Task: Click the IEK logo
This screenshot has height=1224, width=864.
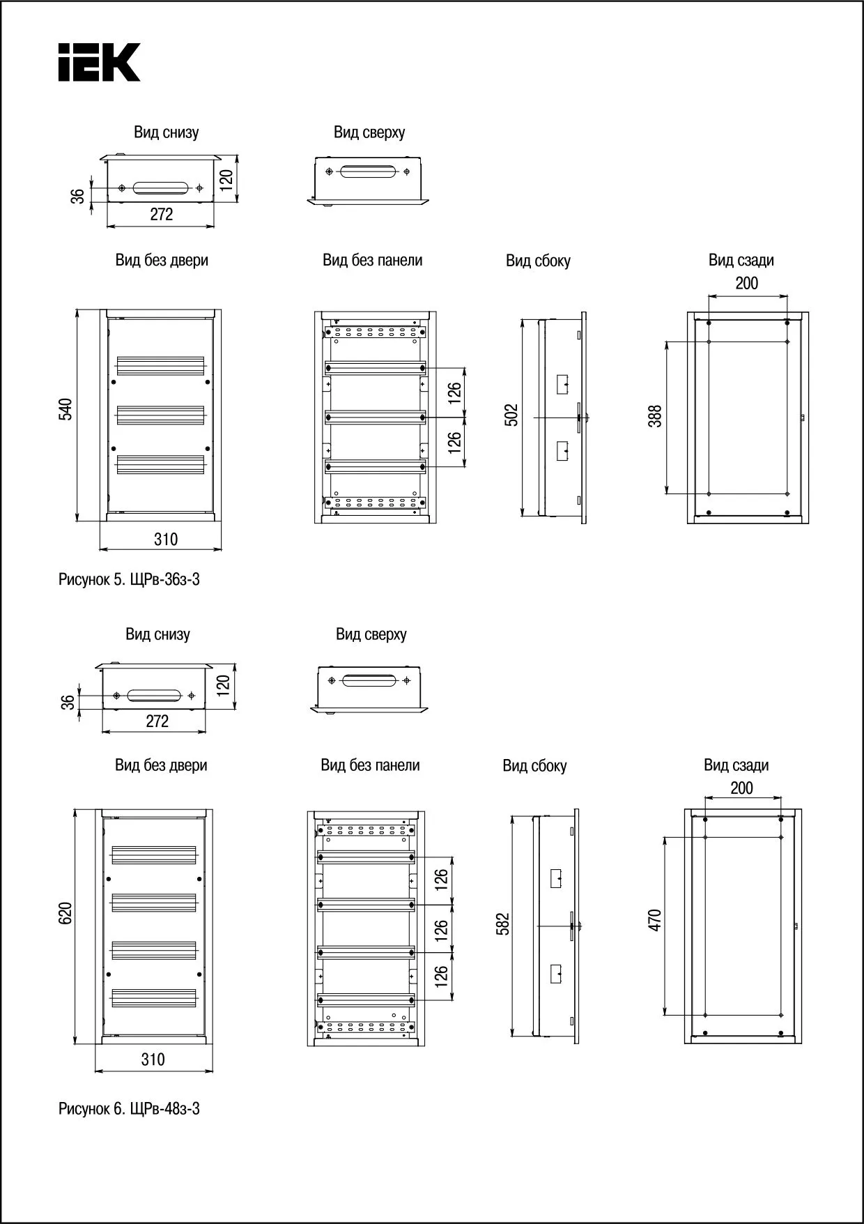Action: coord(100,62)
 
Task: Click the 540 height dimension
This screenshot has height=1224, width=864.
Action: coord(65,408)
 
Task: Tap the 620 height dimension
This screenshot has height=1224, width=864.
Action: coord(65,913)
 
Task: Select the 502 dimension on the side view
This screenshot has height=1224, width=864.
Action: coord(511,415)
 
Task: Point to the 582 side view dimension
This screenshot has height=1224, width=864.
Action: coord(504,924)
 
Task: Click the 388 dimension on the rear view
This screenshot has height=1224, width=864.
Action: coord(655,416)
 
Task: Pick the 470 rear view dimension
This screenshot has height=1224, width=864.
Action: coord(654,919)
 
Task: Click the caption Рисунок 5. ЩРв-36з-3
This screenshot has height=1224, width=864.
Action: coord(129,579)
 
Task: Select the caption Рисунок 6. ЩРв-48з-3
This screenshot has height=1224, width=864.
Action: coord(129,1108)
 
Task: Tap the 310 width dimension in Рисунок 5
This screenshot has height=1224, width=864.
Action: coord(165,539)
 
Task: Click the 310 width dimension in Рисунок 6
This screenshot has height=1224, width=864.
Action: coord(153,1059)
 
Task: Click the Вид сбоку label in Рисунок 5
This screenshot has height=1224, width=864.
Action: coord(538,261)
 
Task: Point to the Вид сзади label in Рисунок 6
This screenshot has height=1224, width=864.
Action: coord(736,765)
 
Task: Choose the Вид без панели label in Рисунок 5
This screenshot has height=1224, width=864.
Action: coord(372,261)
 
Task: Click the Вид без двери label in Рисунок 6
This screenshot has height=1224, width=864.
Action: coord(161,765)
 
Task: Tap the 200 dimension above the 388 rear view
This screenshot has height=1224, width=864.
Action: coord(746,283)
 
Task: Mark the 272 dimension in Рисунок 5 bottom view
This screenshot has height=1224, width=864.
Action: coord(161,215)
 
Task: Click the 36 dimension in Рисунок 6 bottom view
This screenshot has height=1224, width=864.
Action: coord(68,702)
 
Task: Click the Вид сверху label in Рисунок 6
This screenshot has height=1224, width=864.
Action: coord(371,634)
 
